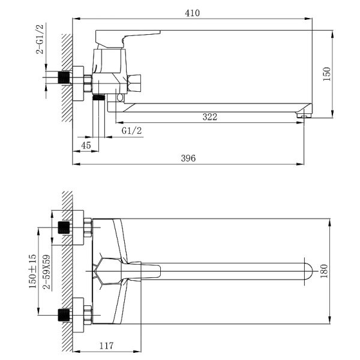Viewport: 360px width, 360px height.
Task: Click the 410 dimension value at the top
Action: pos(192,13)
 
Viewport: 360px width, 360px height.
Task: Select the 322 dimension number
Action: pos(209,117)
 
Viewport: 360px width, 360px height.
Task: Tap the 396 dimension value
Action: pos(188,158)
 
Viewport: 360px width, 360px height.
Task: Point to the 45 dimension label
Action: pos(86,145)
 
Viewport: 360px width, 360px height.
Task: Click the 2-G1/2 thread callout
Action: pos(40,39)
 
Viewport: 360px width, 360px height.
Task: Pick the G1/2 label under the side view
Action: pos(131,131)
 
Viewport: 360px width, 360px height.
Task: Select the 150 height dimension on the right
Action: pos(326,74)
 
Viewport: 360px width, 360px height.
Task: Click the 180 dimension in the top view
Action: pos(324,271)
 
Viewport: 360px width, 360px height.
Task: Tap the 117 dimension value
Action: pos(106,346)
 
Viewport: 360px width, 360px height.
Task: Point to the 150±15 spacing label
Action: pos(32,271)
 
